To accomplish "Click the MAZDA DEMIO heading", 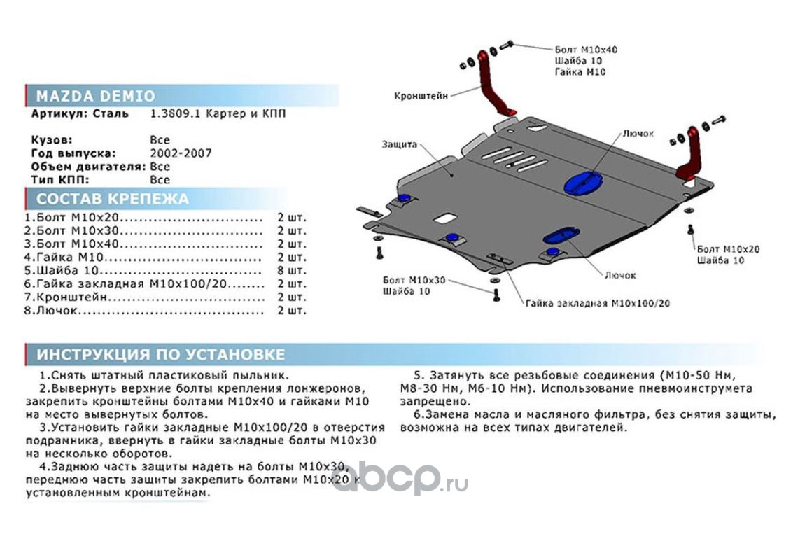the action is pos(96,96).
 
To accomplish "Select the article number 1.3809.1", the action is pos(175,113).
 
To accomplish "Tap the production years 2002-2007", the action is pos(181,153).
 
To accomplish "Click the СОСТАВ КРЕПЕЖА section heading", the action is pos(113,199).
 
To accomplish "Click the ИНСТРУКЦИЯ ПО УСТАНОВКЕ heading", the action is pos(161,353).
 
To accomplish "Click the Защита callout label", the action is pos(400,144).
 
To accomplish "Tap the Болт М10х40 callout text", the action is pos(586,50).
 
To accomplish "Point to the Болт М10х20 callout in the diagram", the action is pos(728,248).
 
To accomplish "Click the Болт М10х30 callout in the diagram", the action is pos(414,280).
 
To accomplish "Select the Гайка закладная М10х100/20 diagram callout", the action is pos(598,304).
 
